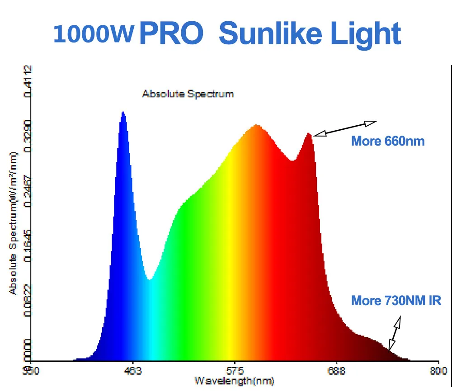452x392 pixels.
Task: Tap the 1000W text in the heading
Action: pyautogui.click(x=94, y=34)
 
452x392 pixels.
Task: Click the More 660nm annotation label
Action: pyautogui.click(x=388, y=141)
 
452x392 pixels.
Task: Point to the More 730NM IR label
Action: pyautogui.click(x=396, y=301)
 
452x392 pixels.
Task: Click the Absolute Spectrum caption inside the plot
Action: pyautogui.click(x=188, y=94)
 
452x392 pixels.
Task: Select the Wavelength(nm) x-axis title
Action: pyautogui.click(x=234, y=381)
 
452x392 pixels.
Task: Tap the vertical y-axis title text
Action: pyautogui.click(x=13, y=224)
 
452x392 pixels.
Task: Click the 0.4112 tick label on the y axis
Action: pyautogui.click(x=28, y=81)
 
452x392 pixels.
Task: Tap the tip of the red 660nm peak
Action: pyautogui.click(x=308, y=133)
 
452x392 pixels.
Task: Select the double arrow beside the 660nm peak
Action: pyautogui.click(x=345, y=128)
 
